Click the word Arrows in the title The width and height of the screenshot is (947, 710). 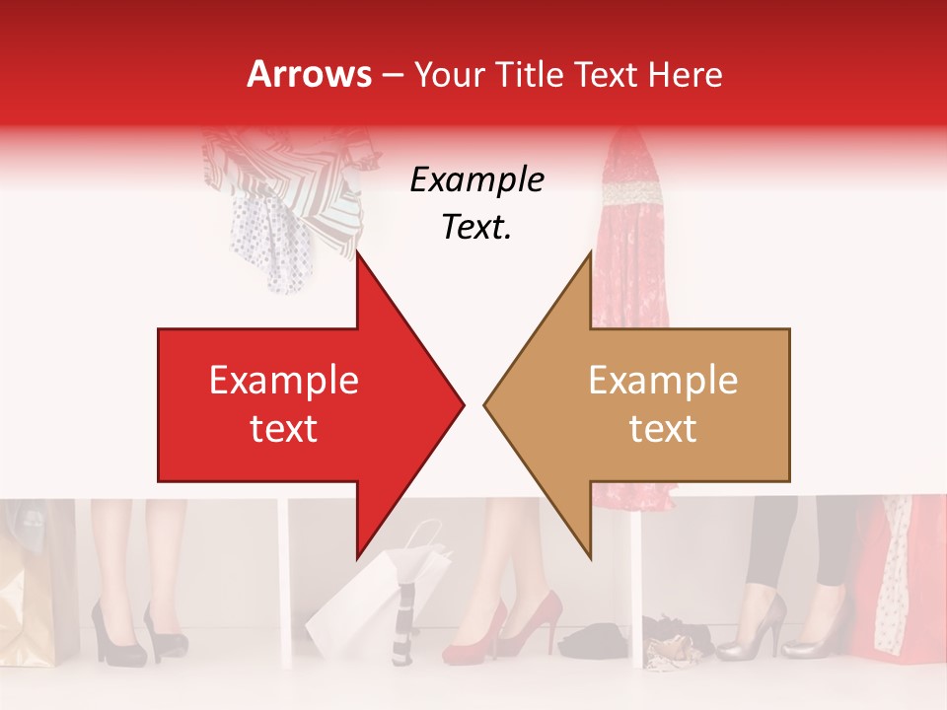(309, 74)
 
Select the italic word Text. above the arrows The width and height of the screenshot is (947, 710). (476, 228)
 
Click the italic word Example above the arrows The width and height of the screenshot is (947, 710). (476, 180)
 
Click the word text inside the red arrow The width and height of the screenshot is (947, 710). (283, 428)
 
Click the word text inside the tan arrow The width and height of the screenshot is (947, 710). (663, 428)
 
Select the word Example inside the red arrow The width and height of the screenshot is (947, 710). (283, 380)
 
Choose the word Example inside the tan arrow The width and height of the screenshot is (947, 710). (663, 380)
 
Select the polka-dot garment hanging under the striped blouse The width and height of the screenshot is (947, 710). (266, 237)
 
